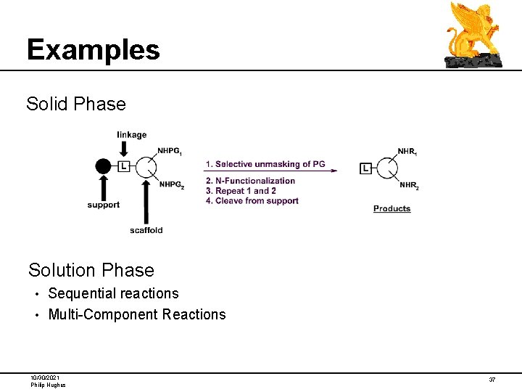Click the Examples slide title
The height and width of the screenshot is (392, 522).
[93, 49]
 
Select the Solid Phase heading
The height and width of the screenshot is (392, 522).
[76, 104]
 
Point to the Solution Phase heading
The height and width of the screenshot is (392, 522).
[91, 270]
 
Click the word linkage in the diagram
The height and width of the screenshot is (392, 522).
[131, 134]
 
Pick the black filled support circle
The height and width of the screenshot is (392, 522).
[103, 166]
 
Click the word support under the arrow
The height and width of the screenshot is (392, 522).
[103, 205]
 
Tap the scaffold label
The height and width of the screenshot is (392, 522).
[146, 230]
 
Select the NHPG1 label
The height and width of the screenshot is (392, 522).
[170, 151]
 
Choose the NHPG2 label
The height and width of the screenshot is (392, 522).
[171, 185]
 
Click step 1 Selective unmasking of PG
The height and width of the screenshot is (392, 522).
[265, 164]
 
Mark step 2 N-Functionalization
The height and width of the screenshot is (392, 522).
[250, 181]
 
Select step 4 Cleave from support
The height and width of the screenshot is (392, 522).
[252, 201]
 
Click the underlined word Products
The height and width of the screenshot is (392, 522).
[391, 208]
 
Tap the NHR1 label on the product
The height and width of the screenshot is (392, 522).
[407, 152]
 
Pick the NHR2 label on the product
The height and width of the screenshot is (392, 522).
[409, 185]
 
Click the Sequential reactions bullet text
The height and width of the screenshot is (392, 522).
[113, 293]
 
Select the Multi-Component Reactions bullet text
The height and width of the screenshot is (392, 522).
[137, 314]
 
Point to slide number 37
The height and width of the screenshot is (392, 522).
[492, 380]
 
